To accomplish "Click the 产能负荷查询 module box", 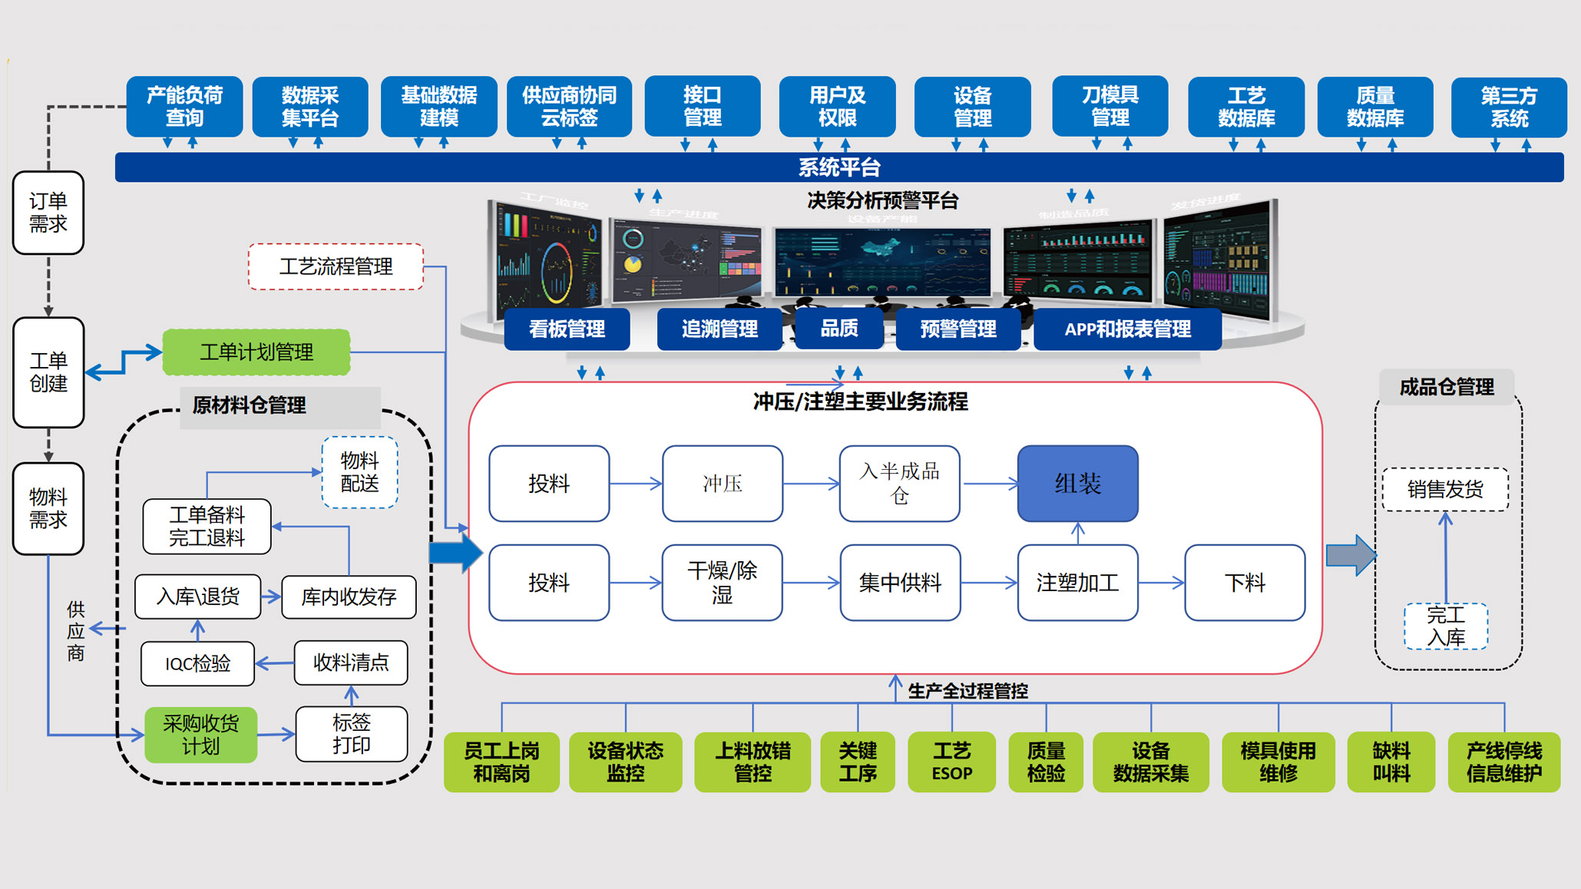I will click(x=184, y=106).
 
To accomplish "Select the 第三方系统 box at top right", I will click(x=1508, y=107).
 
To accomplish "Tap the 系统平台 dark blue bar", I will click(x=838, y=167).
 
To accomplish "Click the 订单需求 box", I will click(x=48, y=213).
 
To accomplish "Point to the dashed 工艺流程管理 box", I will click(x=336, y=266).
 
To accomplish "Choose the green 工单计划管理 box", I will click(x=256, y=352).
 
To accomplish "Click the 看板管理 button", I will click(x=567, y=329).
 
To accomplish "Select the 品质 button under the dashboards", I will click(x=838, y=329).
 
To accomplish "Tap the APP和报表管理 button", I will click(x=1127, y=329).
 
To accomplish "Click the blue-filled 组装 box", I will click(x=1077, y=484).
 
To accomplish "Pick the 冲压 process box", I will click(x=722, y=484).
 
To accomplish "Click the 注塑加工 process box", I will click(x=1077, y=583).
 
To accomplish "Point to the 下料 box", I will click(x=1244, y=583).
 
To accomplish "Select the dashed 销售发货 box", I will click(x=1445, y=489).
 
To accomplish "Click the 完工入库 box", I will click(x=1445, y=626).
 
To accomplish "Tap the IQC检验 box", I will click(x=197, y=663).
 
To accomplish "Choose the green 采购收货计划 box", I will click(x=200, y=735).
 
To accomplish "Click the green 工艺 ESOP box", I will click(x=951, y=762).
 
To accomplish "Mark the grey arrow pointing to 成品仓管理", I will click(x=1351, y=555).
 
